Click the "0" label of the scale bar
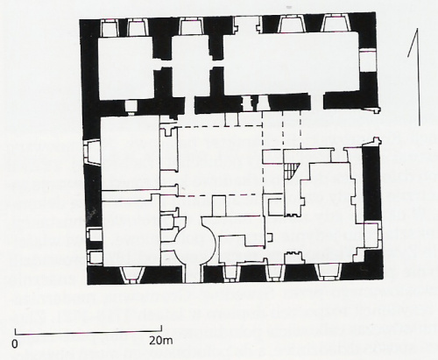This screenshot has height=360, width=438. [15, 344]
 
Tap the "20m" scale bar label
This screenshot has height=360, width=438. [161, 341]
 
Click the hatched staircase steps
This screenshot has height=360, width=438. [292, 171]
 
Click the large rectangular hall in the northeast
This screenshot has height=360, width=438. [291, 63]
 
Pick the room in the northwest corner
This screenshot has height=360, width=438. [126, 67]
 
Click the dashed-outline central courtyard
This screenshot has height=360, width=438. [220, 160]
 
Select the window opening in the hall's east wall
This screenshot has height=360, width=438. [368, 60]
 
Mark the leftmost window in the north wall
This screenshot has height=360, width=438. [109, 27]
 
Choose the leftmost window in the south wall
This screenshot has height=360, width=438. [131, 274]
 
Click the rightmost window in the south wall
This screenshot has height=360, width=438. [329, 272]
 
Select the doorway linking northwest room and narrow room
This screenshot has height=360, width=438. [163, 64]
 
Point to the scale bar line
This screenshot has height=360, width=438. [88, 331]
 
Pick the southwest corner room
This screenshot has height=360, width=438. [131, 230]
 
